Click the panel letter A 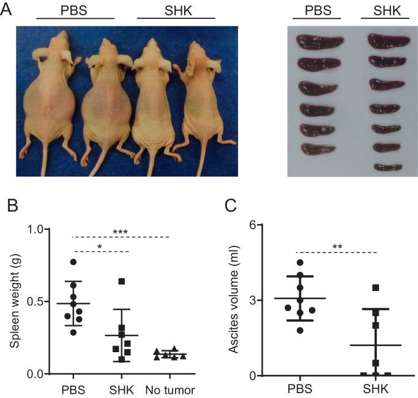pos(8,10)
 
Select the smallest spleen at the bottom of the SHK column pos(387,166)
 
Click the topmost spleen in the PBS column pos(315,42)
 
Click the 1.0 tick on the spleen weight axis pos(43,229)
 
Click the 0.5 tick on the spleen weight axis pos(43,301)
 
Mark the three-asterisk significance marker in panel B pos(120,232)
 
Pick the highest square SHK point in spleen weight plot pos(122,281)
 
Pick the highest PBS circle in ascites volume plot pos(299,263)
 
